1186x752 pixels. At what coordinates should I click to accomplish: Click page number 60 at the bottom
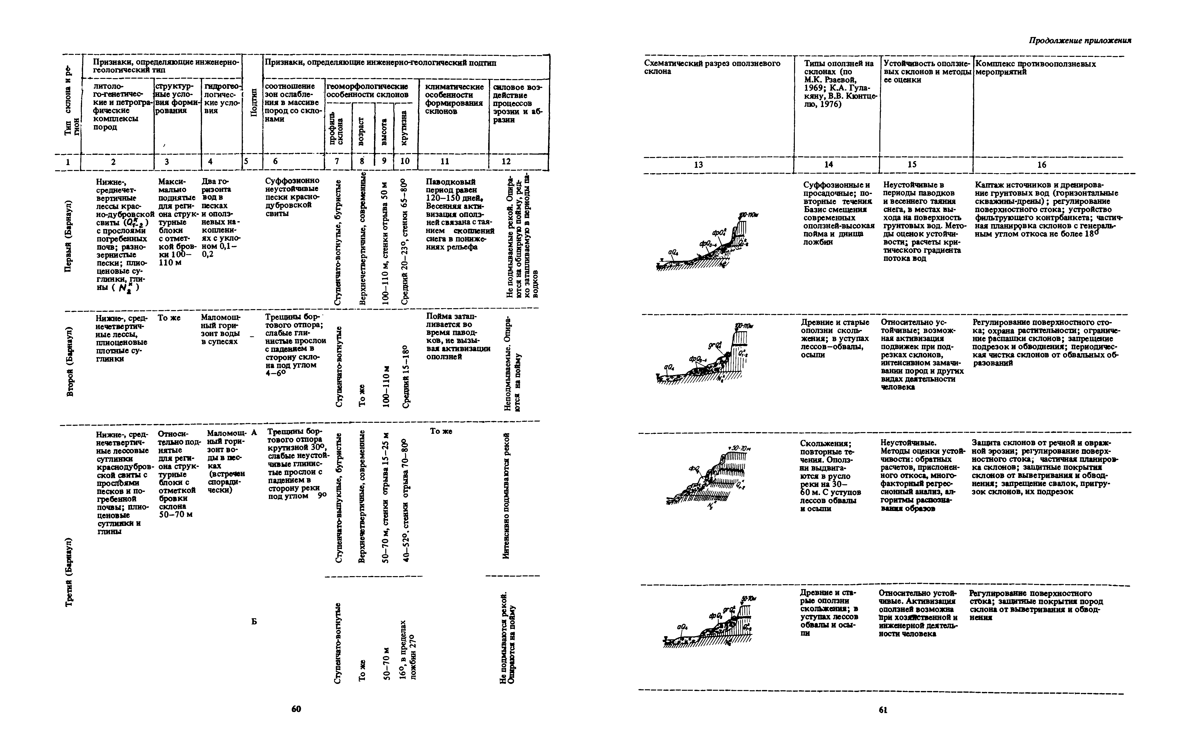point(296,709)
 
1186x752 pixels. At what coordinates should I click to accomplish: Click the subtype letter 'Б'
point(254,621)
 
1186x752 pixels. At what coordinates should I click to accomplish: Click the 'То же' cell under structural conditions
point(169,318)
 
